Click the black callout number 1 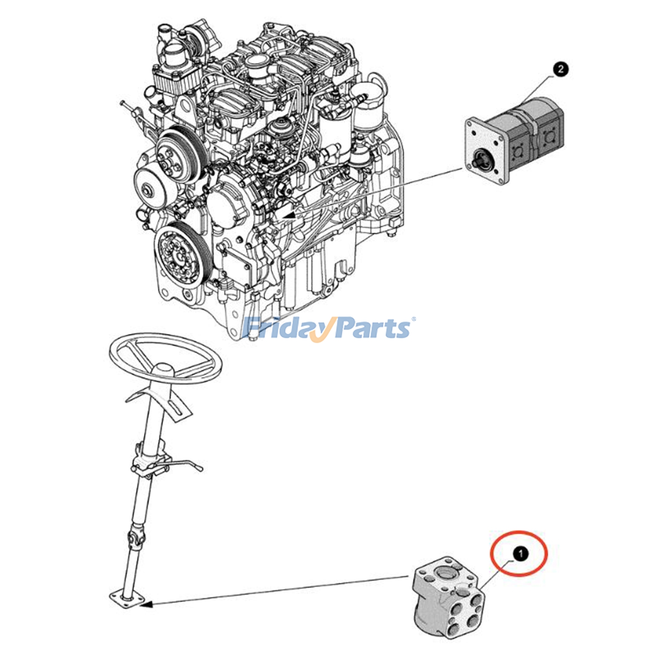pos(521,554)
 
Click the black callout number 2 pos(561,69)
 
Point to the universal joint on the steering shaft pos(136,536)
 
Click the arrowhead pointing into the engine pos(290,215)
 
